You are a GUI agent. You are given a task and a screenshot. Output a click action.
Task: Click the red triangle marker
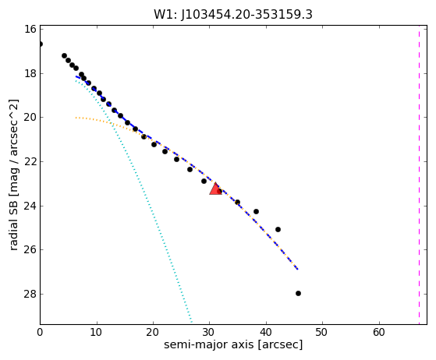point(215,189)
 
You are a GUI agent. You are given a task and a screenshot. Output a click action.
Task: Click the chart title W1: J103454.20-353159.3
point(233,15)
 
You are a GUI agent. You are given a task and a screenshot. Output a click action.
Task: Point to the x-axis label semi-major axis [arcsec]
point(233,344)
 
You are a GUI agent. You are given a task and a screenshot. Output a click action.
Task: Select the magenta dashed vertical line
point(419,175)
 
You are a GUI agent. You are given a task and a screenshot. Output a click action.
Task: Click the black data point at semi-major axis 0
point(41,44)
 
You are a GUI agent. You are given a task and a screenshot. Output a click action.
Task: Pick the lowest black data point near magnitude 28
point(298,293)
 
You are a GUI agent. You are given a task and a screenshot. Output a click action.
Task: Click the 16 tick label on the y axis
point(30,29)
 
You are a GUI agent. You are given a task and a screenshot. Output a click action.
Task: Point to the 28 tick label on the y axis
point(30,294)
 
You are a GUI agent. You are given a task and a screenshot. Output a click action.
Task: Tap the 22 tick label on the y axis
point(30,161)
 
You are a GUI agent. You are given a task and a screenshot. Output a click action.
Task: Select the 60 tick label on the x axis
point(379,332)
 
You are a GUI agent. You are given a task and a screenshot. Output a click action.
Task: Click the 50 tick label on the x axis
point(322,332)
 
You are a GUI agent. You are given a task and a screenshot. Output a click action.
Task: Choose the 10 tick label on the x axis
point(97,332)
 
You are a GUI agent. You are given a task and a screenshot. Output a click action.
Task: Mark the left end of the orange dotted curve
point(76,118)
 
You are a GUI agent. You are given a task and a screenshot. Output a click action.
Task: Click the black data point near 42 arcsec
point(278,229)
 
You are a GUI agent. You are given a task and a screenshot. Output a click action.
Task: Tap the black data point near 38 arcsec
point(256,212)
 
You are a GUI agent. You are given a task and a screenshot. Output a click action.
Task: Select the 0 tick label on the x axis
point(40,332)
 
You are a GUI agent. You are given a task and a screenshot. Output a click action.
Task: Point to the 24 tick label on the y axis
point(30,206)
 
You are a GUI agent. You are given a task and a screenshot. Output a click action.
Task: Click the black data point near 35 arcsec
point(237,203)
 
